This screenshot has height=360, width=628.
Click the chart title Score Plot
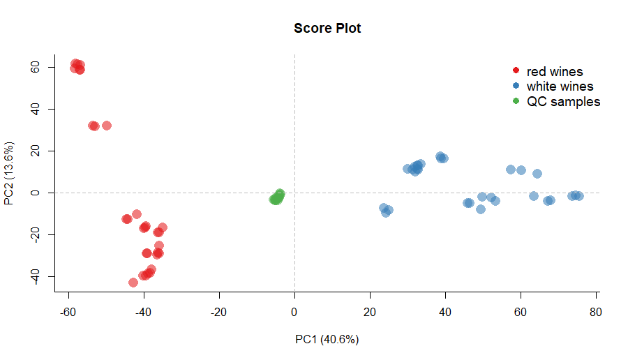327,29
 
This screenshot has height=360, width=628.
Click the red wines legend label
555,71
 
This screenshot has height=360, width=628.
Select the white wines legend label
560,87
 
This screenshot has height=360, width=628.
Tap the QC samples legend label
563,102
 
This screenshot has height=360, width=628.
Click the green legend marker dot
516,102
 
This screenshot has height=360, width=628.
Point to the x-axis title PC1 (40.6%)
327,340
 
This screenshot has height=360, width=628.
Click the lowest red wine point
133,283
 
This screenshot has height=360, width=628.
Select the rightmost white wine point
578,196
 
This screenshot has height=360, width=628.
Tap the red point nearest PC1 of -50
107,126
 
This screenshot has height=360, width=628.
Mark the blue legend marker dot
516,87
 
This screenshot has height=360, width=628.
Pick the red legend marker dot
516,71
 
